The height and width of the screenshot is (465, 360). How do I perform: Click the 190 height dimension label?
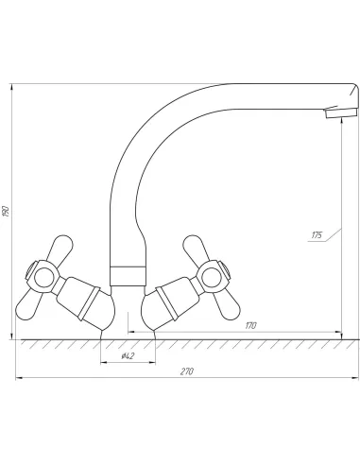pos(6,211)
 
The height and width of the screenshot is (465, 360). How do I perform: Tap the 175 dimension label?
pos(317,235)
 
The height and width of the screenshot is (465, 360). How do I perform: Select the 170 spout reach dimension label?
pos(250,325)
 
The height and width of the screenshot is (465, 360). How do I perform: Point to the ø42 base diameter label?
pos(128,356)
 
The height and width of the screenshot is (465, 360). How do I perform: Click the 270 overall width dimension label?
pos(187,371)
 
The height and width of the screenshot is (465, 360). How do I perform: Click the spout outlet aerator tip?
pos(342,112)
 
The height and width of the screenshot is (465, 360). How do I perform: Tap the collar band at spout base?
pos(128,276)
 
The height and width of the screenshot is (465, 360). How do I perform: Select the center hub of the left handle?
pos(43,277)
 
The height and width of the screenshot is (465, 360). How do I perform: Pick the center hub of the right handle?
pos(211,277)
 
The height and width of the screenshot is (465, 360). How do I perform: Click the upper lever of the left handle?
pos(60,248)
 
